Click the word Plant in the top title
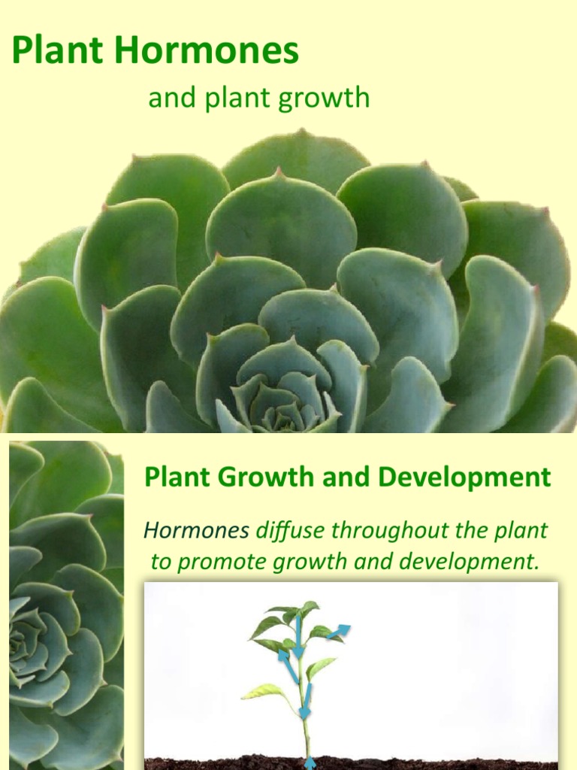[x=56, y=52]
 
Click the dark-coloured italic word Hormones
[x=196, y=531]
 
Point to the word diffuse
[x=290, y=531]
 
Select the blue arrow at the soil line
[x=310, y=762]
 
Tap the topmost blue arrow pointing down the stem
[x=298, y=636]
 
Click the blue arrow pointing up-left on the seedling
[x=288, y=665]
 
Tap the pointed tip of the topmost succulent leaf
[x=302, y=132]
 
